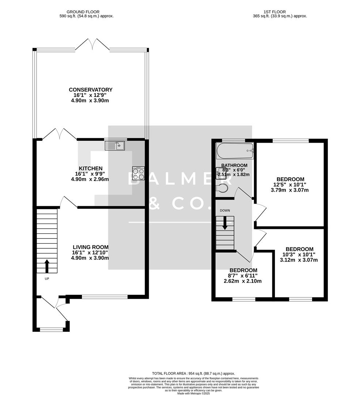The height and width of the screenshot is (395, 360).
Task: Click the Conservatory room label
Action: point(91,90)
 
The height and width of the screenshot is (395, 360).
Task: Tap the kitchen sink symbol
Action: point(115,146)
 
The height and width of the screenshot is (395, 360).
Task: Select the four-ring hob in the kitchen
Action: point(138,173)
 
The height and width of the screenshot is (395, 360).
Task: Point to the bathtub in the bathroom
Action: point(235,150)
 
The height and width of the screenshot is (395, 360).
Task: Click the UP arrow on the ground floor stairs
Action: point(47,266)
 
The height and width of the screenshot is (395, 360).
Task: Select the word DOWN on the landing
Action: point(225,210)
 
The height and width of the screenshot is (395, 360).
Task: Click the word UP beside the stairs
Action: point(47,279)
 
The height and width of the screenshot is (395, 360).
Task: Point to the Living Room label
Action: point(90,247)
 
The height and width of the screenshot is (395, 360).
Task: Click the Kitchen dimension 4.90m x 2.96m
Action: point(90,179)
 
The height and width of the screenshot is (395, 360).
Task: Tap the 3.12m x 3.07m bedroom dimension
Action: point(299,260)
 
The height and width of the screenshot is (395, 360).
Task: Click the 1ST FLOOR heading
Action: point(280,12)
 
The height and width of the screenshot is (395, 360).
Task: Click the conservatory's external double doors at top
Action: point(92,45)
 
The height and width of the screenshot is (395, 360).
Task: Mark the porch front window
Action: point(51,330)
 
